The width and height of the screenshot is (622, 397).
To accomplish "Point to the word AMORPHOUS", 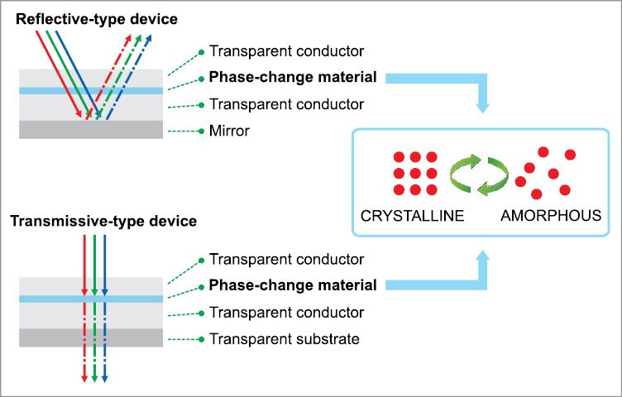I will tap(551, 216).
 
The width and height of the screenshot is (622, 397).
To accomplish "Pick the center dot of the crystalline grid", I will tap(413, 173).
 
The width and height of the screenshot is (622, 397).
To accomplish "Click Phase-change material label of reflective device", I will tap(293, 78).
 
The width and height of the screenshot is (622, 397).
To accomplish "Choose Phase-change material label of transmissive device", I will tap(293, 285).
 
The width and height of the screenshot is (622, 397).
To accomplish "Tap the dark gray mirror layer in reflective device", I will tap(91, 130).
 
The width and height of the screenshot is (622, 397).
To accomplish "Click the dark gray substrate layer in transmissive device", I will tap(91, 337).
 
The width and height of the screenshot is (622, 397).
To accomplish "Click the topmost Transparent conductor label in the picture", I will tap(286, 50).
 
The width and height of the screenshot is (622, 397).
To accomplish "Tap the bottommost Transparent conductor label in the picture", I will tap(286, 313).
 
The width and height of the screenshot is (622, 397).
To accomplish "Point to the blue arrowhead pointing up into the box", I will tap(483, 261).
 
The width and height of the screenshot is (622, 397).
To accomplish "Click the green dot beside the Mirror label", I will tap(201, 131).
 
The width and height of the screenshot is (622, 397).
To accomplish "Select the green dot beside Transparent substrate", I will tap(201, 339).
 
